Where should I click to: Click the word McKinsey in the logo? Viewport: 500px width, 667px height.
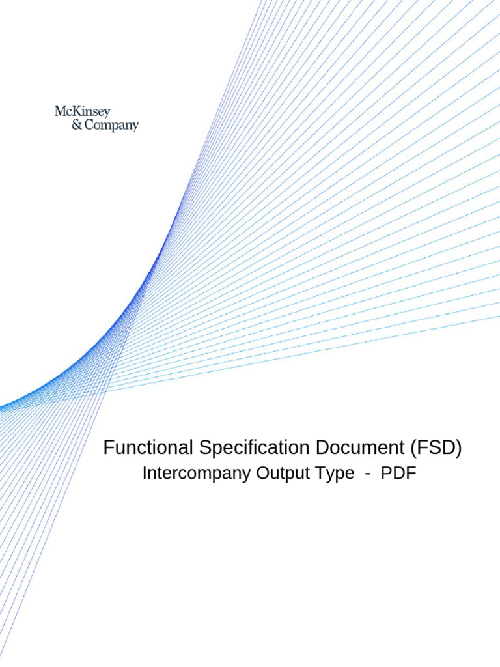pyautogui.click(x=83, y=112)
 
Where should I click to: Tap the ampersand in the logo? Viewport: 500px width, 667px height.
pyautogui.click(x=76, y=125)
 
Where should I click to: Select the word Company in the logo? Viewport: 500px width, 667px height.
pyautogui.click(x=111, y=126)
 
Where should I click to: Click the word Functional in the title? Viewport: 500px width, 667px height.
pyautogui.click(x=146, y=448)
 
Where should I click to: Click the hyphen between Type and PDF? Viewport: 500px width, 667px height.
pyautogui.click(x=368, y=474)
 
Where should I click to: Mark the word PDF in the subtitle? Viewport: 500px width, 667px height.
pyautogui.click(x=398, y=474)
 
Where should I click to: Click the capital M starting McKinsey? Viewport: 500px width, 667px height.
pyautogui.click(x=61, y=112)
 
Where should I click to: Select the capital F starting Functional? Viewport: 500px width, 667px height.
pyautogui.click(x=109, y=448)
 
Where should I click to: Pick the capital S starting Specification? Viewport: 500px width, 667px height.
pyautogui.click(x=206, y=448)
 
